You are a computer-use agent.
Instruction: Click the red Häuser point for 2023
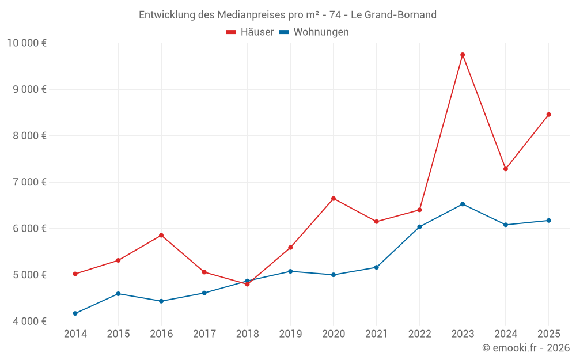(463, 55)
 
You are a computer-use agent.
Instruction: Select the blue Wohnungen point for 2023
(463, 204)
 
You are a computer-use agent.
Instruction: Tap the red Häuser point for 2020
(334, 199)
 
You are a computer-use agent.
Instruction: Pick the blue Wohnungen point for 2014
(75, 313)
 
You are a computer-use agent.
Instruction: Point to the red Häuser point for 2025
(548, 115)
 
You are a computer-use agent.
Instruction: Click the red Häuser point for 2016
(161, 235)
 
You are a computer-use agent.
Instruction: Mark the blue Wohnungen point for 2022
(419, 227)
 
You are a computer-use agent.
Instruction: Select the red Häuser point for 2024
(506, 169)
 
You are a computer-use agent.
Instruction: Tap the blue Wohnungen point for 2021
(377, 267)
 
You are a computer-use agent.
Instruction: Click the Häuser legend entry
(250, 32)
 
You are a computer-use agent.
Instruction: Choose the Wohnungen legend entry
(314, 32)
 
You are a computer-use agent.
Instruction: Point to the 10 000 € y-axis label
(26, 43)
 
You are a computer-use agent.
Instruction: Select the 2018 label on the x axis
(247, 334)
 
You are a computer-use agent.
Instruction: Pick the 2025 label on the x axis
(548, 334)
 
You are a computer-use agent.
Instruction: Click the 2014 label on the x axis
(75, 334)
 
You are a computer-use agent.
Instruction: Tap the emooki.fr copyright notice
(525, 348)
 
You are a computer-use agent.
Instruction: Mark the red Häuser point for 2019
(290, 248)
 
